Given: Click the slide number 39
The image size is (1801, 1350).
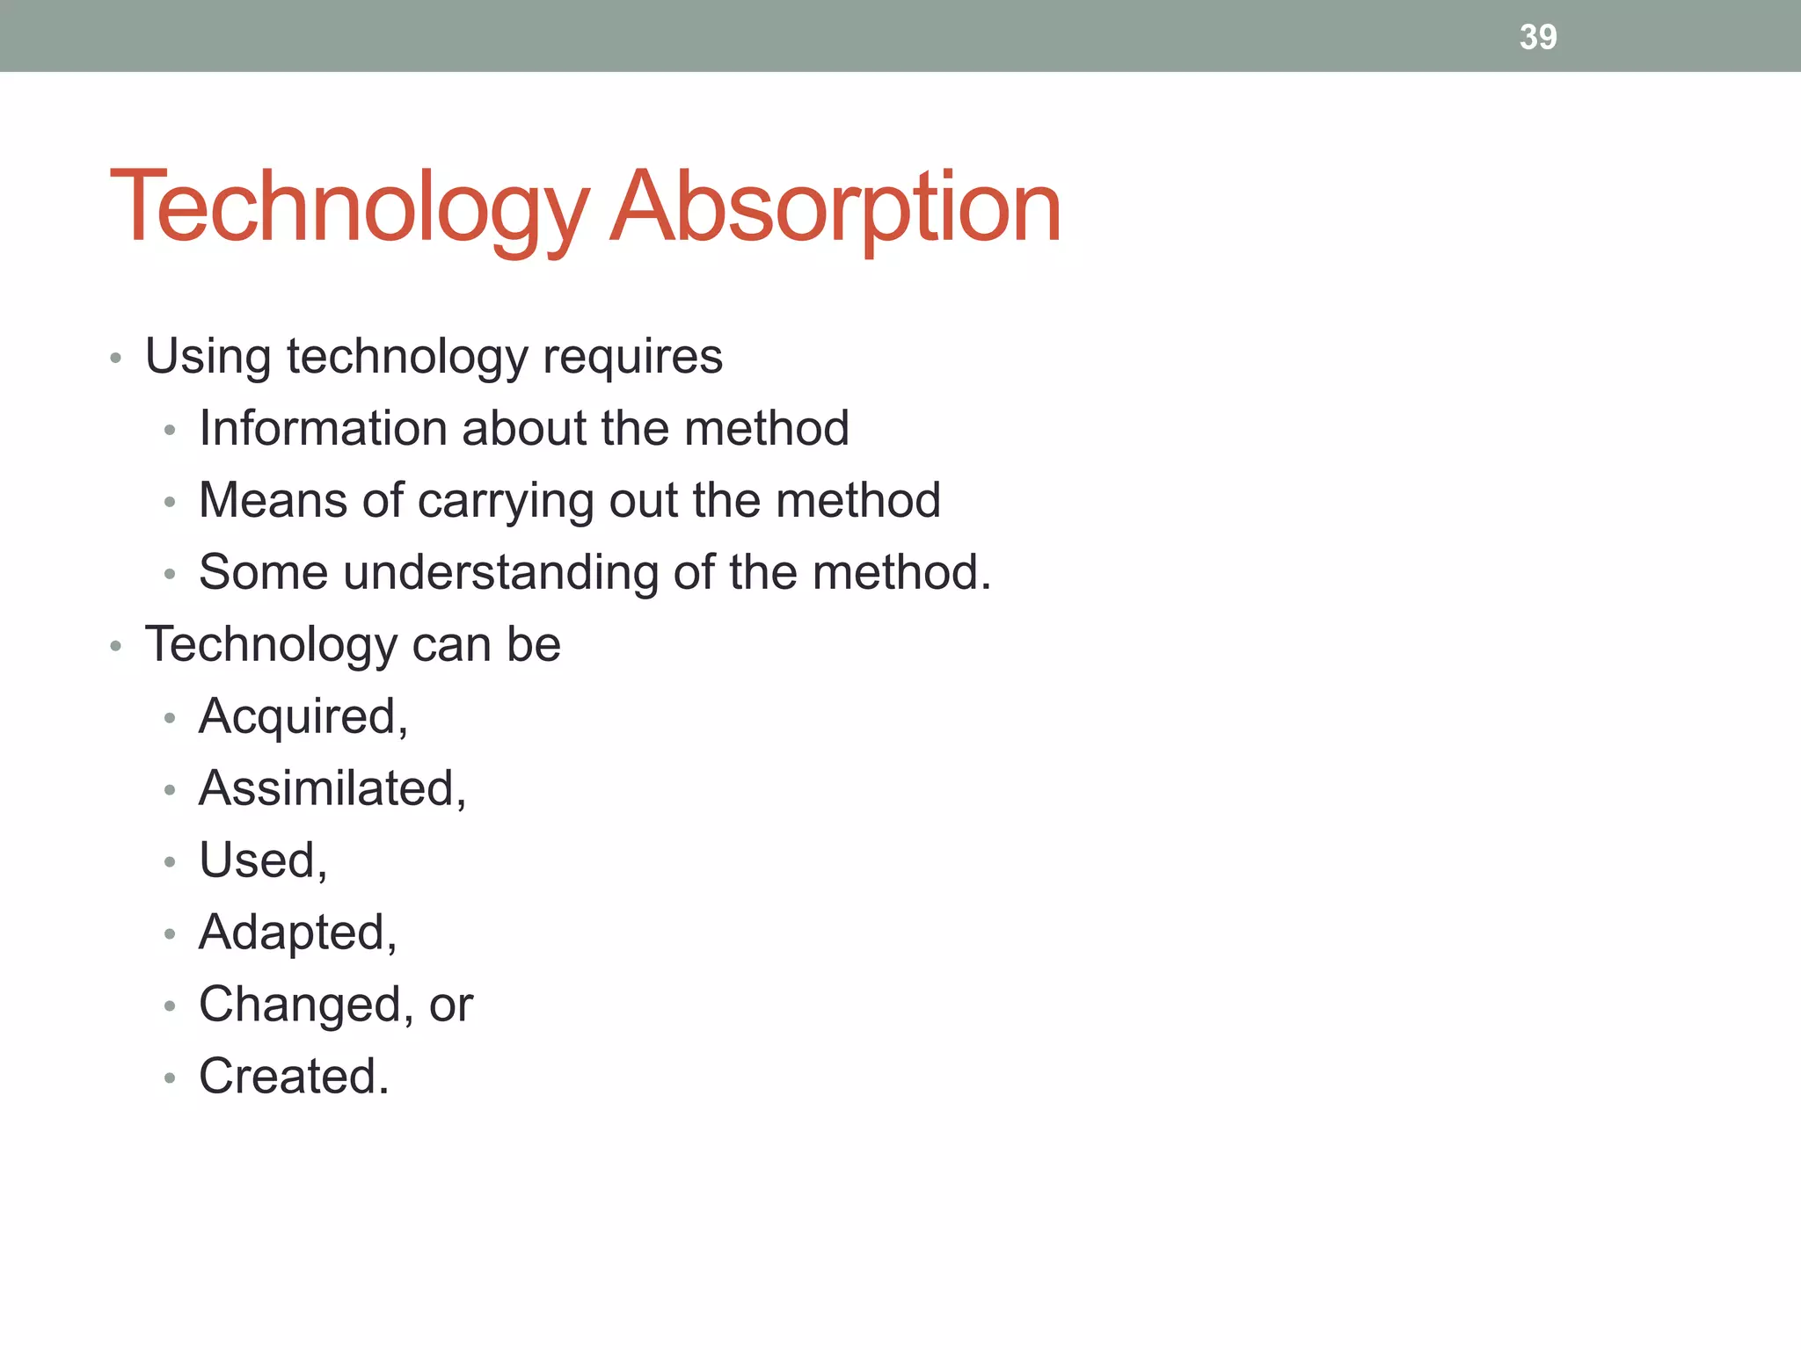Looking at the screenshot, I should (x=1538, y=37).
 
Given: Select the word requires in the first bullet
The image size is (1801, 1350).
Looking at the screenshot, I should (x=632, y=356).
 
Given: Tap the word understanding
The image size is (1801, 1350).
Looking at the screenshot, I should (x=500, y=572).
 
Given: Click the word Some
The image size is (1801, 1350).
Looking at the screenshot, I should (x=263, y=572).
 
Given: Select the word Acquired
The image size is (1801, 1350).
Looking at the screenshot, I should (x=300, y=716).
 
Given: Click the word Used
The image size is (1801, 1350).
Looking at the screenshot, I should (x=259, y=860).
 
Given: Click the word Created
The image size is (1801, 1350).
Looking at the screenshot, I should (x=289, y=1076).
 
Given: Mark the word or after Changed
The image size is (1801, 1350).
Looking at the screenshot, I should (x=450, y=1005).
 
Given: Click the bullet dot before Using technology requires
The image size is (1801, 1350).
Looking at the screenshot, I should (x=115, y=359).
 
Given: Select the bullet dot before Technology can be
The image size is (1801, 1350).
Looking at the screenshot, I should (x=115, y=647).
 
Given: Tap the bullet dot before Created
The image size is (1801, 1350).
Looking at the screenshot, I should (x=170, y=1078).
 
